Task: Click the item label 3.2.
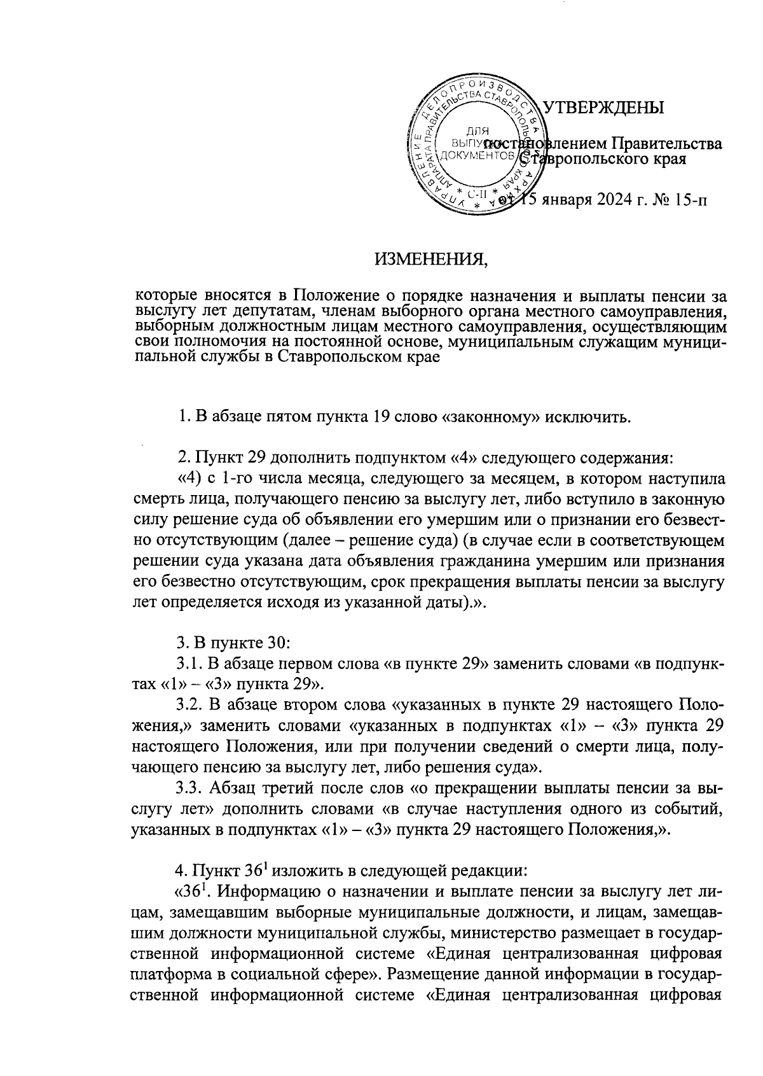tap(188, 704)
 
